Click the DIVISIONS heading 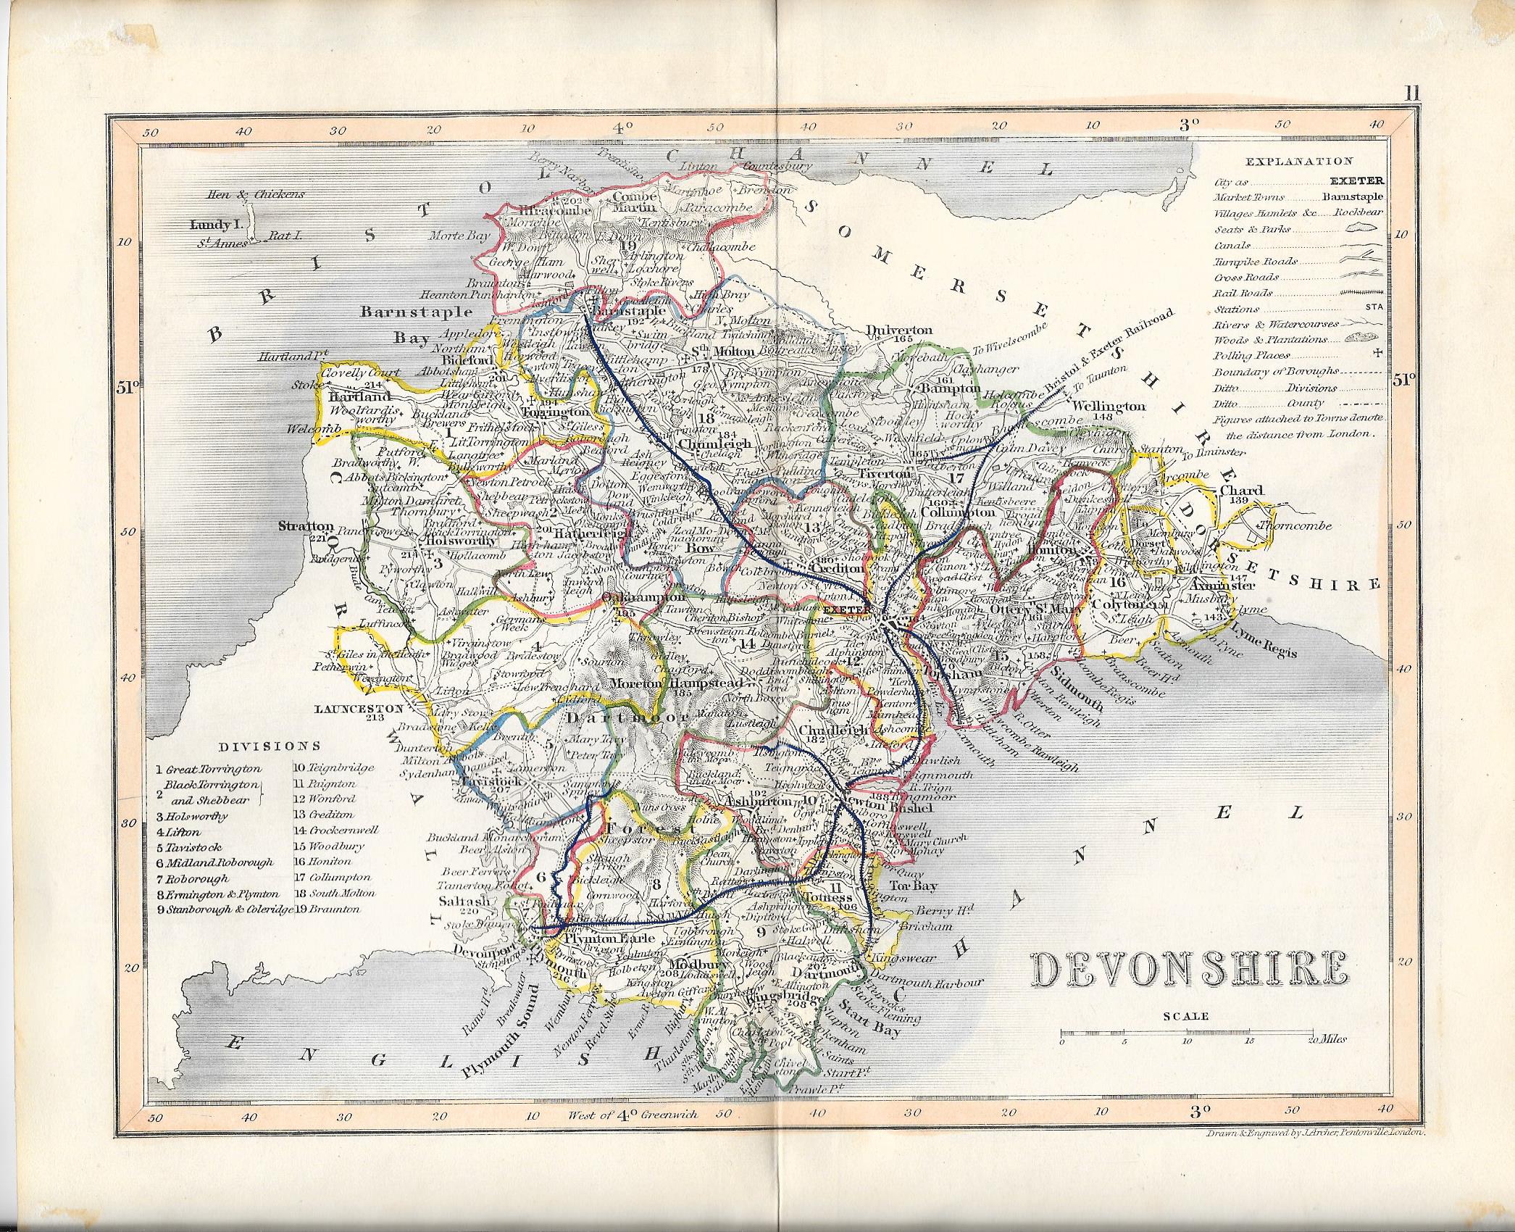coord(272,745)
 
